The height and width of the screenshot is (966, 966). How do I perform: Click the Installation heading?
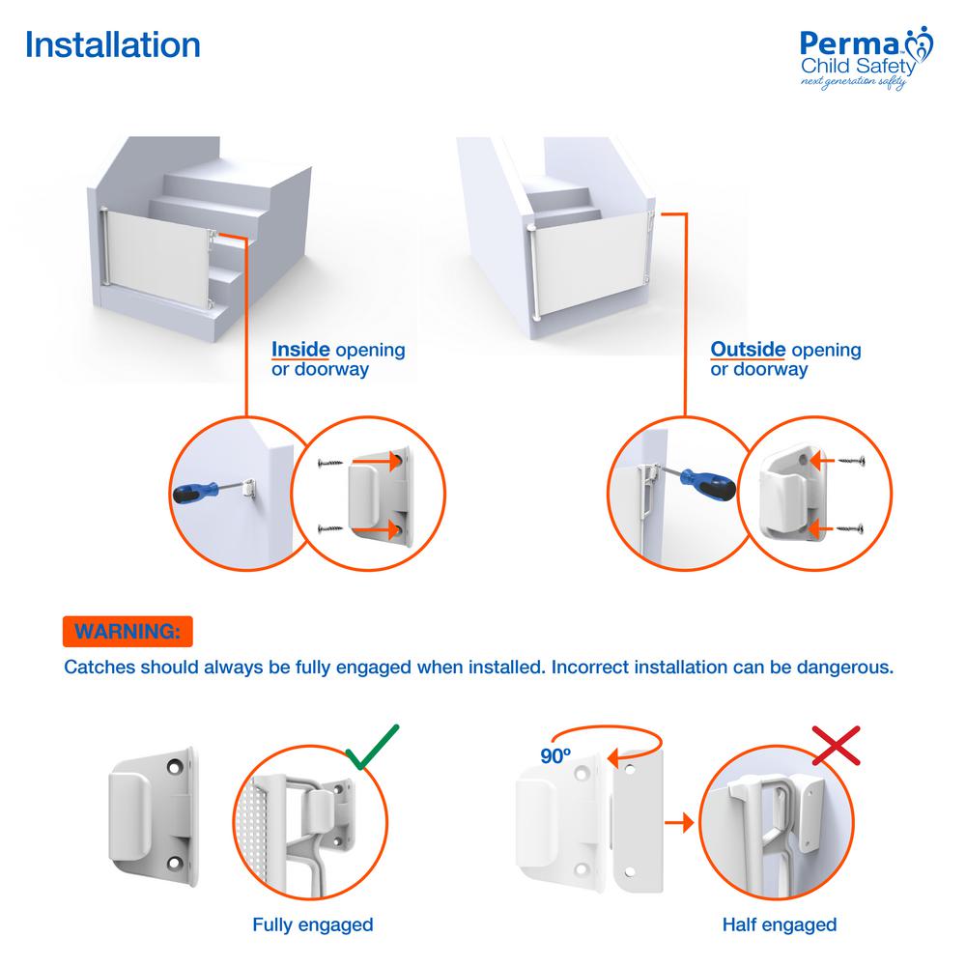coord(113,45)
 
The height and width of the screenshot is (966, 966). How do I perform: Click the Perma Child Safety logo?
coord(867,58)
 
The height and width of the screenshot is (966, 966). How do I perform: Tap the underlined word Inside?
coord(300,350)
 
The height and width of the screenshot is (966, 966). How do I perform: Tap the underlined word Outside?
coord(748,350)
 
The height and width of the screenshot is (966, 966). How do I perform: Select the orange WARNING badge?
coord(128,632)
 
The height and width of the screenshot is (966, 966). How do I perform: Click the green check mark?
coord(372,746)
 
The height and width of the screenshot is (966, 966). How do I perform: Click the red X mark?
coord(836,746)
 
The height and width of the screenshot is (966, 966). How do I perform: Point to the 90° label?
coord(555,756)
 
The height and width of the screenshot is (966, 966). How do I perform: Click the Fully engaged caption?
coord(313,924)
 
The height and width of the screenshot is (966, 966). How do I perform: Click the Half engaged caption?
coord(780,924)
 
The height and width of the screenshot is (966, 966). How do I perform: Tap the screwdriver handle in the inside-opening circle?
coord(195,493)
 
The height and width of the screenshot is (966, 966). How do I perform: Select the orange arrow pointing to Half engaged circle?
coord(678,822)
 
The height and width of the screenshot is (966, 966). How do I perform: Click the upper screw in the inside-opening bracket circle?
coord(330,463)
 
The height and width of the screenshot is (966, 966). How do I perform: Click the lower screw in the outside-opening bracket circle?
coord(850,528)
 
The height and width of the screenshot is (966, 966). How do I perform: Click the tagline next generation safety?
coord(853,82)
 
